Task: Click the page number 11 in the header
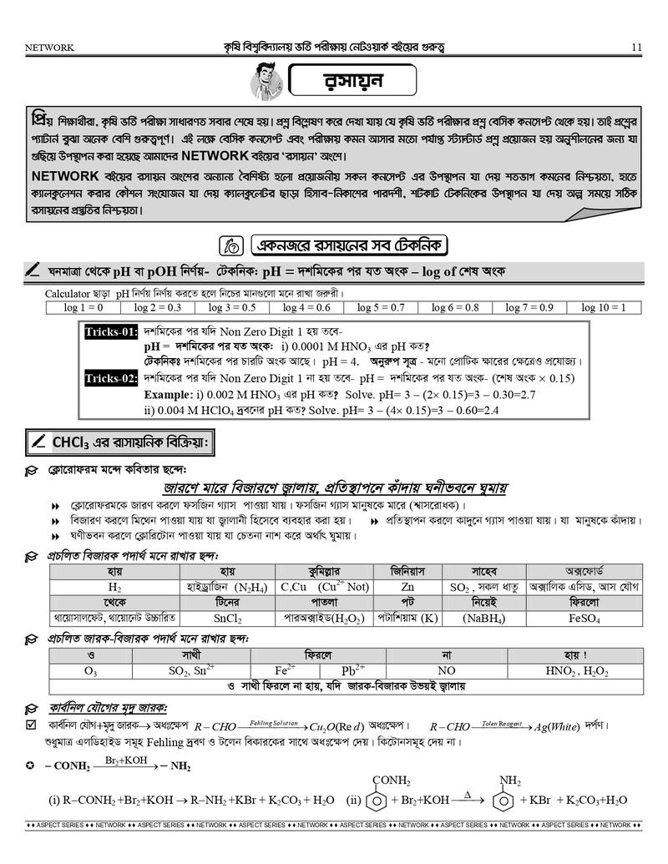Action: point(636,48)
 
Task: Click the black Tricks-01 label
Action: point(111,332)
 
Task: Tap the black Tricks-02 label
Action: point(111,379)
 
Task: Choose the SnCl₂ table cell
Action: point(227,619)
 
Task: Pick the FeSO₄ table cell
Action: point(584,619)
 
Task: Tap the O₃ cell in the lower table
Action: point(90,670)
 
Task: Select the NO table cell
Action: point(447,670)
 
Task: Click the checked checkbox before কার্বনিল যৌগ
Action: point(32,725)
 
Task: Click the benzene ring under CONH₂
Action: point(381,801)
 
